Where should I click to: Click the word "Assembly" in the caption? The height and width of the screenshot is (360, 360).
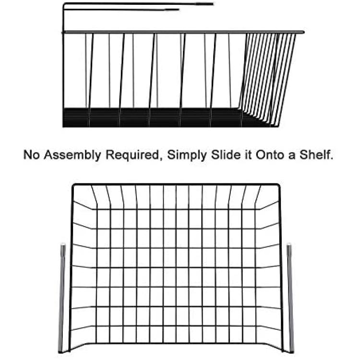(x=72, y=155)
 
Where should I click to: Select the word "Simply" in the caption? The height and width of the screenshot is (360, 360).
(x=187, y=155)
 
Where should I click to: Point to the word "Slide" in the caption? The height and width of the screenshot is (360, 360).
(x=226, y=155)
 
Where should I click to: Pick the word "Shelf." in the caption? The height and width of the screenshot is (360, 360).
(x=316, y=155)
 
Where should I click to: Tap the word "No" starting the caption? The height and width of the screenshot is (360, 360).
(x=31, y=155)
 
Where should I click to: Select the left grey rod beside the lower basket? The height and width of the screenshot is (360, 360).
(x=62, y=299)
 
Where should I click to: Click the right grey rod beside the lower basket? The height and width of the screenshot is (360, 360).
(x=290, y=299)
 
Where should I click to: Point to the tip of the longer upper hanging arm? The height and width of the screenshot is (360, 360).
(x=213, y=4)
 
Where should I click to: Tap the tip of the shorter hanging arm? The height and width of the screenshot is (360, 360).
(x=179, y=10)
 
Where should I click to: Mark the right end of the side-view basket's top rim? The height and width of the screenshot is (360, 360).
(x=304, y=32)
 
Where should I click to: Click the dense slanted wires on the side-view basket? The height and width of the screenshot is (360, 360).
(x=267, y=76)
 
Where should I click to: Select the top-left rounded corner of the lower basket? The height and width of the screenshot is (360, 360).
(x=74, y=185)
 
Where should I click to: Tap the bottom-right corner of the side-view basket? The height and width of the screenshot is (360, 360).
(x=278, y=126)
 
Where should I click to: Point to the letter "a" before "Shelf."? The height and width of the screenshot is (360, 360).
(x=292, y=156)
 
